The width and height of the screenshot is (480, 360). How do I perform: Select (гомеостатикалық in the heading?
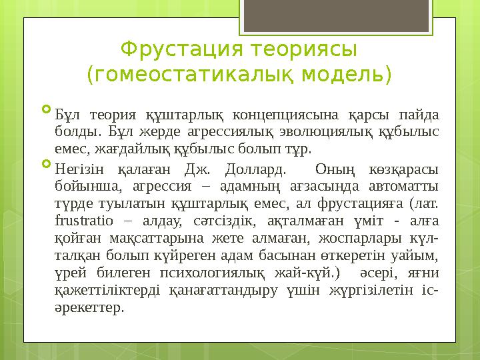(x=185, y=73)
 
